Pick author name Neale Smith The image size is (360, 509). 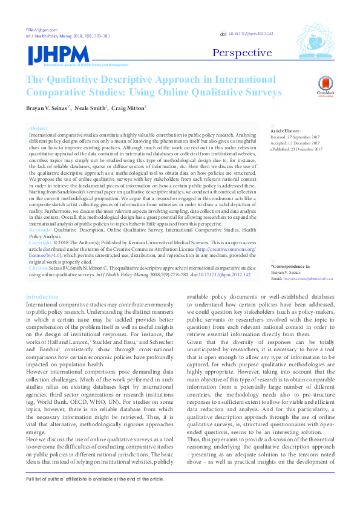point(90,108)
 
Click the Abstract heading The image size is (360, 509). point(38,129)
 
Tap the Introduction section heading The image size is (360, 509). point(42,297)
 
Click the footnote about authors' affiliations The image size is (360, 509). point(94,495)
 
